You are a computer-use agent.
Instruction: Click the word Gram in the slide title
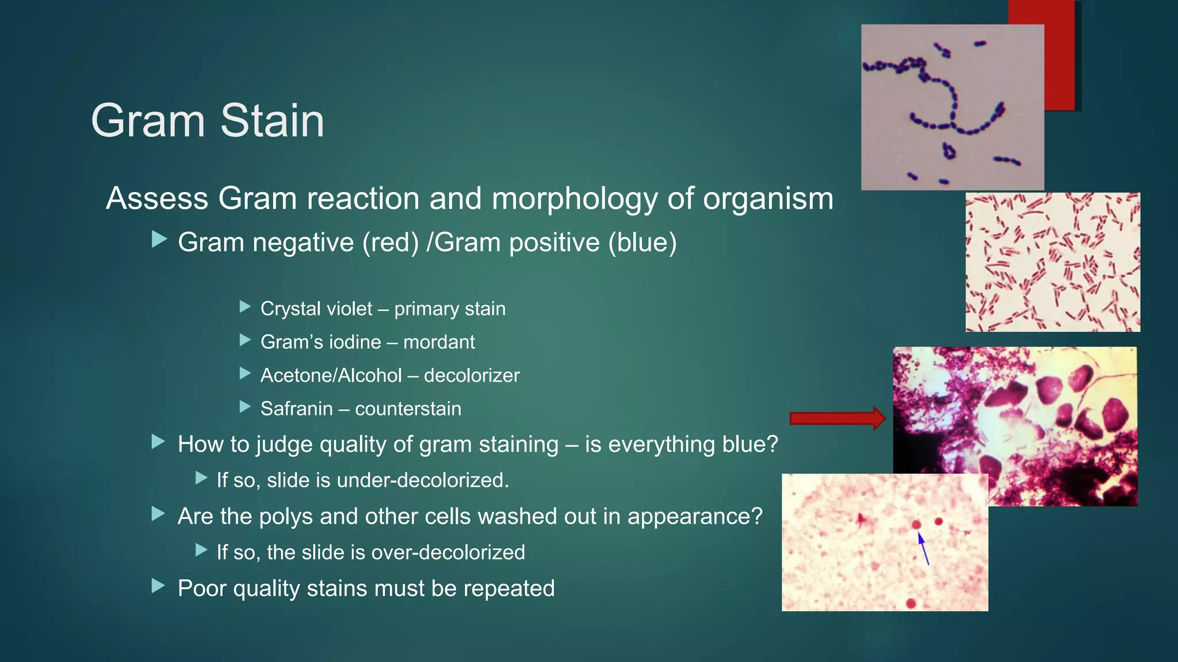tap(148, 121)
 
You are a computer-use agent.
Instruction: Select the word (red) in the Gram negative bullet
tap(391, 243)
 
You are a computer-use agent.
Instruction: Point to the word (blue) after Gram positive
tap(642, 243)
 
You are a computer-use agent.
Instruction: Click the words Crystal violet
tap(316, 309)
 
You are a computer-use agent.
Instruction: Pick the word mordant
tap(439, 342)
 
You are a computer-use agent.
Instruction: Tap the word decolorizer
tap(472, 376)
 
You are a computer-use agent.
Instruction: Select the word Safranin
tap(296, 409)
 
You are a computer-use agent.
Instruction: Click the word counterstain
tap(408, 409)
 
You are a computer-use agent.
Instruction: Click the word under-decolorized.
tap(423, 480)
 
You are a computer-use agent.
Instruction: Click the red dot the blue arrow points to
tap(916, 525)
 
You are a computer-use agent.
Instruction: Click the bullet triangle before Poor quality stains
tap(158, 586)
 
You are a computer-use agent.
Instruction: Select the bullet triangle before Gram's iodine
tap(245, 340)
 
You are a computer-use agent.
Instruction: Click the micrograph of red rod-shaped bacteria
tap(1052, 262)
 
